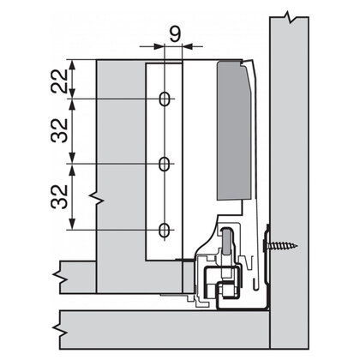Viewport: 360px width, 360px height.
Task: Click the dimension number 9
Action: click(175, 34)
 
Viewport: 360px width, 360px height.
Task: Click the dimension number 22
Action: click(60, 81)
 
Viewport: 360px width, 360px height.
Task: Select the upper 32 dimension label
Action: click(60, 130)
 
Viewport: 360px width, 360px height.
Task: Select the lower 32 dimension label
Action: click(60, 196)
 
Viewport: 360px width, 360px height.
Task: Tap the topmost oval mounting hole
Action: click(164, 99)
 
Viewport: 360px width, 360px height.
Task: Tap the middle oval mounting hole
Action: click(164, 164)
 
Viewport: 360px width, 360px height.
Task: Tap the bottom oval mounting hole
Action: click(164, 230)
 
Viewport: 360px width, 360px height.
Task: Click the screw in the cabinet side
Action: click(280, 245)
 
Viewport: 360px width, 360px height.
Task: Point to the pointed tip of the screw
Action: click(297, 245)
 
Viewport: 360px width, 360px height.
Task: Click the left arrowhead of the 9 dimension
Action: click(159, 46)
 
